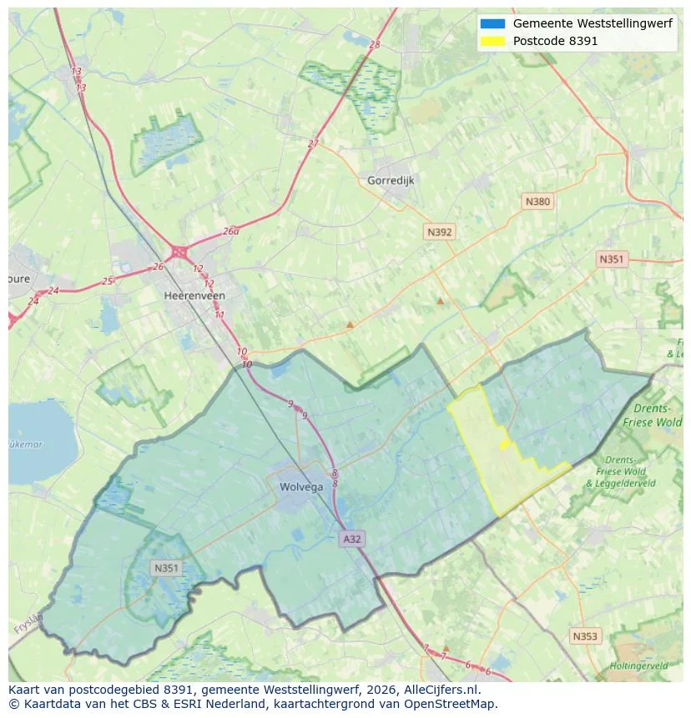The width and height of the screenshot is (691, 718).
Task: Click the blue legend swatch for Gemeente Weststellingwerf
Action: point(492,23)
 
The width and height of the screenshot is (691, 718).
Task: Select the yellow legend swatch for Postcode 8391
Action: point(492,41)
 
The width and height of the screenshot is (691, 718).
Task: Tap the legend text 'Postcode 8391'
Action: point(555,41)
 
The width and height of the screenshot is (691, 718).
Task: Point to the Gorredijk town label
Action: point(391,180)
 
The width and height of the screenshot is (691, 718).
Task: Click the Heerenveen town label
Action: point(194,296)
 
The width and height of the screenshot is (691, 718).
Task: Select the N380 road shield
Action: point(537,201)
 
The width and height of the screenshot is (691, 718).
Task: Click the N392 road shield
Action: point(439,233)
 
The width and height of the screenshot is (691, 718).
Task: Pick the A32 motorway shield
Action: point(352,540)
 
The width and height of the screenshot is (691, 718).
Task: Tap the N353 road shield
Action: point(585,636)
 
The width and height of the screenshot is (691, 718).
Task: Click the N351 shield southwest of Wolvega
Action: point(166,568)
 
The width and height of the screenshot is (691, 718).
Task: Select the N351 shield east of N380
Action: point(611,259)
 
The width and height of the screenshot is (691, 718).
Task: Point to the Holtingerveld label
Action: point(638,665)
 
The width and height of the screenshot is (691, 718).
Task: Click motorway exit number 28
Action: point(374,45)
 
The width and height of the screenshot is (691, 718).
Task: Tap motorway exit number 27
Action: point(313,143)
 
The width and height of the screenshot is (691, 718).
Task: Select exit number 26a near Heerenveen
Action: point(230,232)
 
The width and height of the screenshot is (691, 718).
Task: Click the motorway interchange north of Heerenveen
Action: point(179,251)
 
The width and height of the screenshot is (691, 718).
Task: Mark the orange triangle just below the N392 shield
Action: point(440,300)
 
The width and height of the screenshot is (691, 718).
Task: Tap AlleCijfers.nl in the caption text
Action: point(439,690)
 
